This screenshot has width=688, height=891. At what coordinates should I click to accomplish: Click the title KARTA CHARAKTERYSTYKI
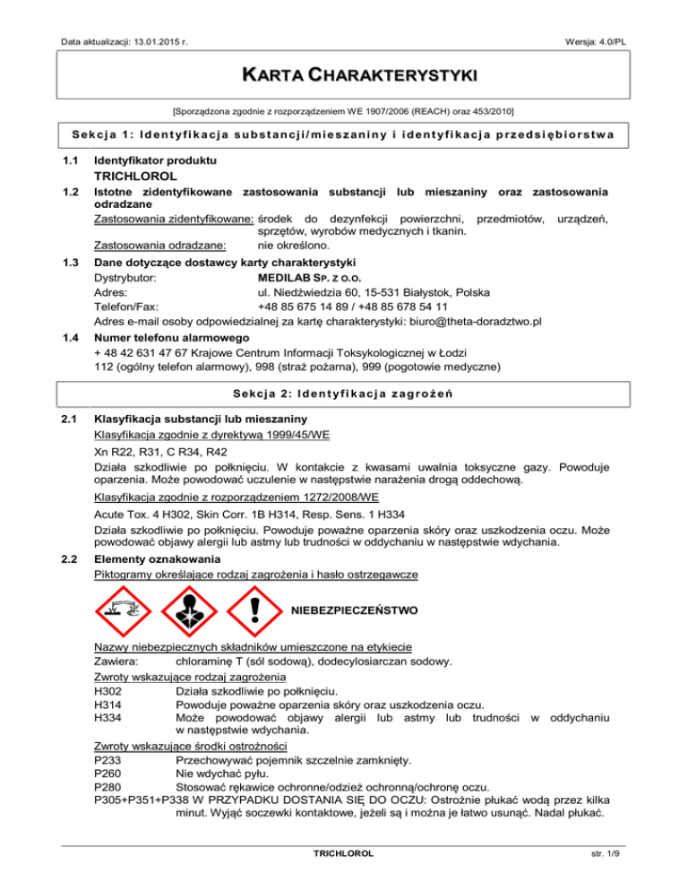(343, 72)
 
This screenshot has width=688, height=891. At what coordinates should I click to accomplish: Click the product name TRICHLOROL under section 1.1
(139, 177)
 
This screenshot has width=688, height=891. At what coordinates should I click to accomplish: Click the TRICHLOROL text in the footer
(343, 874)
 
